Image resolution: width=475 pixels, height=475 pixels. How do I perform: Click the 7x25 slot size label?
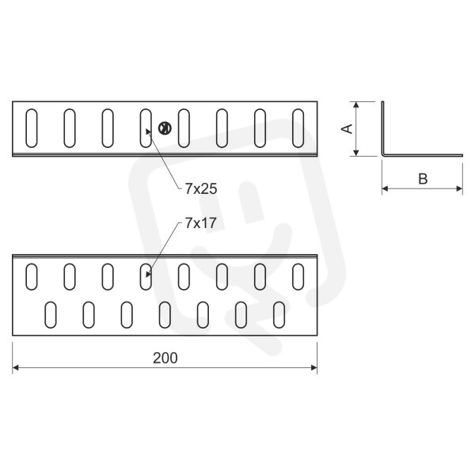(x=201, y=189)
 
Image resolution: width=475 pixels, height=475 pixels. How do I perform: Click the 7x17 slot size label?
(x=201, y=223)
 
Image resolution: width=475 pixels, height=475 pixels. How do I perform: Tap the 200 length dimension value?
(x=165, y=358)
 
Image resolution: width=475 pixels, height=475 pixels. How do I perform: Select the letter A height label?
(x=348, y=129)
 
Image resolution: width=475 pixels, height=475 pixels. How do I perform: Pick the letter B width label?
(x=423, y=179)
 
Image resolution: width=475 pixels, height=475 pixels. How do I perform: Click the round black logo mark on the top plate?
(x=165, y=128)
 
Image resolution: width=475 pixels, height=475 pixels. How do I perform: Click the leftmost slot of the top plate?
(x=32, y=128)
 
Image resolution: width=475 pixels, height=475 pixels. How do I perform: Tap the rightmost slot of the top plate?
(x=298, y=128)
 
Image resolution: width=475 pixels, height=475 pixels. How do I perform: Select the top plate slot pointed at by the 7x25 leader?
(x=146, y=128)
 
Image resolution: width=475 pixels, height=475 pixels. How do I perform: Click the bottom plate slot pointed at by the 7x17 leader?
(x=146, y=277)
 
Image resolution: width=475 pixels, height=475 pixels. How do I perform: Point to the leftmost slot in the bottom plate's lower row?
(x=51, y=315)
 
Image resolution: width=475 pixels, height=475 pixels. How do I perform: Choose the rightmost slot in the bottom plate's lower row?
(x=279, y=315)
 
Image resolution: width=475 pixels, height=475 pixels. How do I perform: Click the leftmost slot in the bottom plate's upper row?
(x=32, y=277)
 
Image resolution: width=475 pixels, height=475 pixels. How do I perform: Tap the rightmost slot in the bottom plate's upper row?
(x=298, y=277)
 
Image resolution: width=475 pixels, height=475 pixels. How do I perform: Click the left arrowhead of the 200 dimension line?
(x=15, y=368)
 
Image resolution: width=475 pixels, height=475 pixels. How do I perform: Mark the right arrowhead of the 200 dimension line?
(x=314, y=368)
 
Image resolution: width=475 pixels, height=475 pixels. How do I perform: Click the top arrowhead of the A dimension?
(x=356, y=104)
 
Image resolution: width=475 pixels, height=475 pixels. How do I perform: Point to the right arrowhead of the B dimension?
(x=459, y=188)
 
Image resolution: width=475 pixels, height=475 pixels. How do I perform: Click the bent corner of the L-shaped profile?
(x=383, y=155)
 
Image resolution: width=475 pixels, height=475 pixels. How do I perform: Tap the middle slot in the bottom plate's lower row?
(x=165, y=315)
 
